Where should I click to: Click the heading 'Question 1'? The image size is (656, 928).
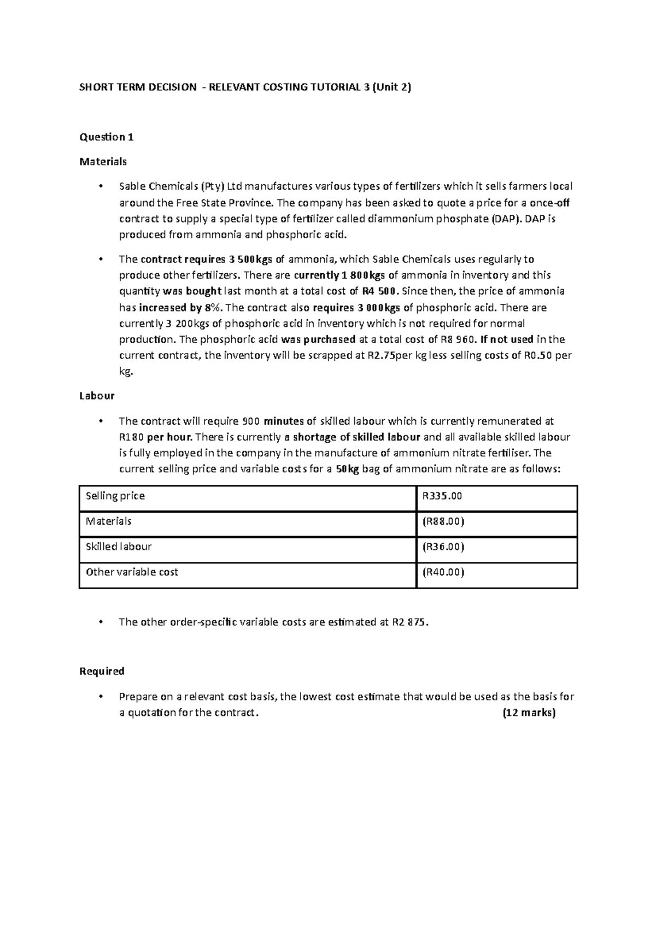[107, 137]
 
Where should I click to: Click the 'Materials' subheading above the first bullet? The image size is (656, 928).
[103, 161]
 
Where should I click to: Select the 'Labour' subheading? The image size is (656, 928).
[97, 396]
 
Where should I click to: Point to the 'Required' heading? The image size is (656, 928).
[102, 671]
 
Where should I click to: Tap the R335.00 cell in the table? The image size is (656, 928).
[442, 496]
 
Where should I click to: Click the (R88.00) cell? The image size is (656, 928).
[443, 521]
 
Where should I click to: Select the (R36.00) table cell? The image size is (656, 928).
[443, 547]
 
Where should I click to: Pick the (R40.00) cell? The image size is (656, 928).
[443, 572]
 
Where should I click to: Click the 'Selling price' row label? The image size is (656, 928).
[115, 496]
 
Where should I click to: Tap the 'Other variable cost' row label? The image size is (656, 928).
[132, 572]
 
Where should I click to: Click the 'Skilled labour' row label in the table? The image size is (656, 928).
[119, 547]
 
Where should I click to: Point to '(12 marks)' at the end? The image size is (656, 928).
[528, 713]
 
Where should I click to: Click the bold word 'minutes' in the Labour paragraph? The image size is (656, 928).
[283, 421]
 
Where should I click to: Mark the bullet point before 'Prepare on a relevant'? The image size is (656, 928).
[99, 697]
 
